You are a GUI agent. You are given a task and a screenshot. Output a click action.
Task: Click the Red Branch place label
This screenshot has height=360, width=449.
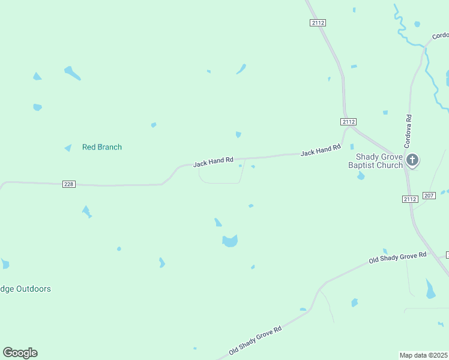point(101,147)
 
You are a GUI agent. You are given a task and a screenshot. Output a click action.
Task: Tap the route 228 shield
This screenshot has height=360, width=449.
point(69,184)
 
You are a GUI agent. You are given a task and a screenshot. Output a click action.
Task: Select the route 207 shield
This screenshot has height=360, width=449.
point(429,196)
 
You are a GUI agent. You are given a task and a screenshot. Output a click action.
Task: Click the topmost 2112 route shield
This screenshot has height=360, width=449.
point(318,23)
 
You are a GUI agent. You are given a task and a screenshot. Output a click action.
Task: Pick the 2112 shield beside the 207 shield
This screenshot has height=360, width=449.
point(410,199)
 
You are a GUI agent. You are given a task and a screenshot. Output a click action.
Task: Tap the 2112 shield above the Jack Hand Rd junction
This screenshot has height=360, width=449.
point(348,122)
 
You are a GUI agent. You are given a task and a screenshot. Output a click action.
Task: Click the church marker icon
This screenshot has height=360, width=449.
point(412,160)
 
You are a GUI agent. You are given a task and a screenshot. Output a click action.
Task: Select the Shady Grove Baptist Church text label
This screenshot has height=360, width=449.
point(376,160)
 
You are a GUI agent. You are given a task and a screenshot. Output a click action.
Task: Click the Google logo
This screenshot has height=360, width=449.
point(20,353)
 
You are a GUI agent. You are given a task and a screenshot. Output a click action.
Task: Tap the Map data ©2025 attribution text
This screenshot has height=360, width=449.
point(424,355)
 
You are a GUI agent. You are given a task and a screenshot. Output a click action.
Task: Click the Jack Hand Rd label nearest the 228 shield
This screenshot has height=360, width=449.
point(213,162)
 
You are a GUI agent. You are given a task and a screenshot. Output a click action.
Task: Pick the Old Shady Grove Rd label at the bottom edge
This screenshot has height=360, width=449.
point(255,341)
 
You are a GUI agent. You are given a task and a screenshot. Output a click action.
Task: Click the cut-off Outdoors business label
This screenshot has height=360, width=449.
point(25,289)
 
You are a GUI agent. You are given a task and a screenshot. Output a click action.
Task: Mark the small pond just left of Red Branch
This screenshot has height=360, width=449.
point(68,148)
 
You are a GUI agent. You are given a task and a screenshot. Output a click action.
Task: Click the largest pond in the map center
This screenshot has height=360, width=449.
point(230,241)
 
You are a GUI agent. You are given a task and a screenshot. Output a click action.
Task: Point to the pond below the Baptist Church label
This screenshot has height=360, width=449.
point(361,176)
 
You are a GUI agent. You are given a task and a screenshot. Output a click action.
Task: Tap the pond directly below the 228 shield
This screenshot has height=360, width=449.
point(87,211)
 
